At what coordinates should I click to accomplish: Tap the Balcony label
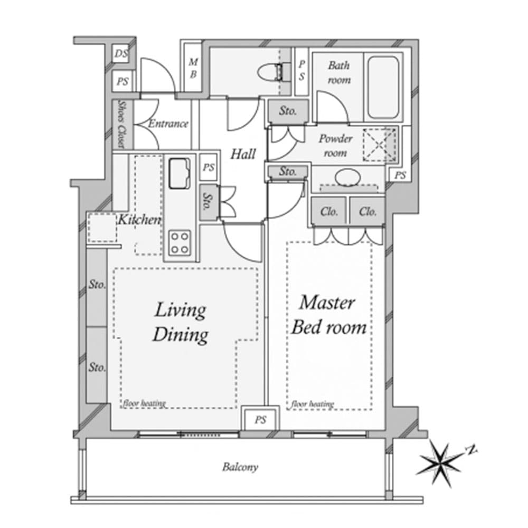240,467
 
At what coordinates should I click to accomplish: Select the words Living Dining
180,322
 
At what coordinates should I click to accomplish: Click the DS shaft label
121,54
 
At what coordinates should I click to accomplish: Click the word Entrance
168,124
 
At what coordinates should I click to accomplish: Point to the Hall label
243,154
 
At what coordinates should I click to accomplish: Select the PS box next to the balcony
260,420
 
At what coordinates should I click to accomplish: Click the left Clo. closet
329,212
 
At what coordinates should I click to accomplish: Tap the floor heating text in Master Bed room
313,404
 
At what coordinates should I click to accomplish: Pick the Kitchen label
139,220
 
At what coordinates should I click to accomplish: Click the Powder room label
335,146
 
